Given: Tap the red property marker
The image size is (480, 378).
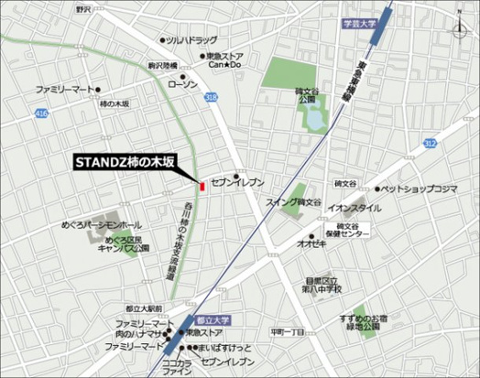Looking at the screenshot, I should pos(201,175).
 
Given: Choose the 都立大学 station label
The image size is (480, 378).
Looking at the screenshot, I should pos(212,321).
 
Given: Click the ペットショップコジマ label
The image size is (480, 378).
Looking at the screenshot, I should pos(419,189).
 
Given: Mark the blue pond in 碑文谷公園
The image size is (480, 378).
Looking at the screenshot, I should pos(317,116).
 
